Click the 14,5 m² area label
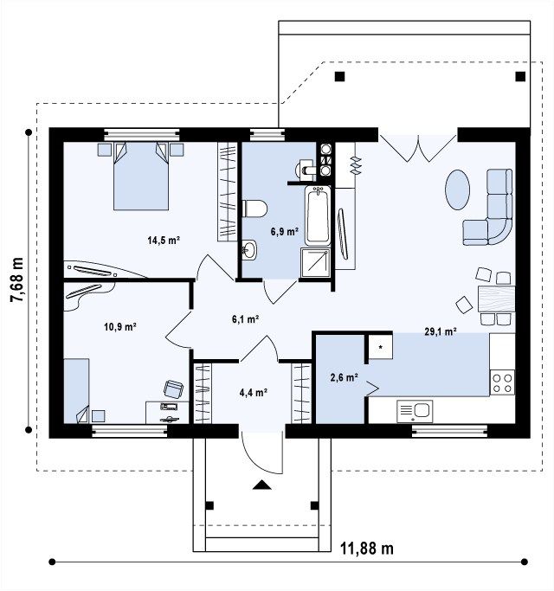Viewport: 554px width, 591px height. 164,240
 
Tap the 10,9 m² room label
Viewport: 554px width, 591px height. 120,326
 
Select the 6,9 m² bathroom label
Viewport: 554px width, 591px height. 284,231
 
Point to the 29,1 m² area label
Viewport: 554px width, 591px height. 441,331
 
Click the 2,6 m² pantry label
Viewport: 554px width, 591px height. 344,377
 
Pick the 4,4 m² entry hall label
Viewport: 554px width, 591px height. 254,393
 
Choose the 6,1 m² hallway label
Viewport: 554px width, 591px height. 245,319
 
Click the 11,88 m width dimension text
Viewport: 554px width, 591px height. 367,549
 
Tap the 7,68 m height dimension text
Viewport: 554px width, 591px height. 17,280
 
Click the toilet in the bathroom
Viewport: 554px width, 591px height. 254,209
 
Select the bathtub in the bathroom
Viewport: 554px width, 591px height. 318,215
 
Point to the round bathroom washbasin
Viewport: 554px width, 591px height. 249,249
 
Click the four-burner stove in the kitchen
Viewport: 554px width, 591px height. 502,382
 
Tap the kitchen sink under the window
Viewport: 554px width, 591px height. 415,411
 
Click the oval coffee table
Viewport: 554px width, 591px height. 457,190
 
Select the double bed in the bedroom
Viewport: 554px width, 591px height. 141,176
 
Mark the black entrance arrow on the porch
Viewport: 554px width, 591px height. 262,485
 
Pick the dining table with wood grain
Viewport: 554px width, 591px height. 496,299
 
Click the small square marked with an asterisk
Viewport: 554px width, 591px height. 381,347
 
